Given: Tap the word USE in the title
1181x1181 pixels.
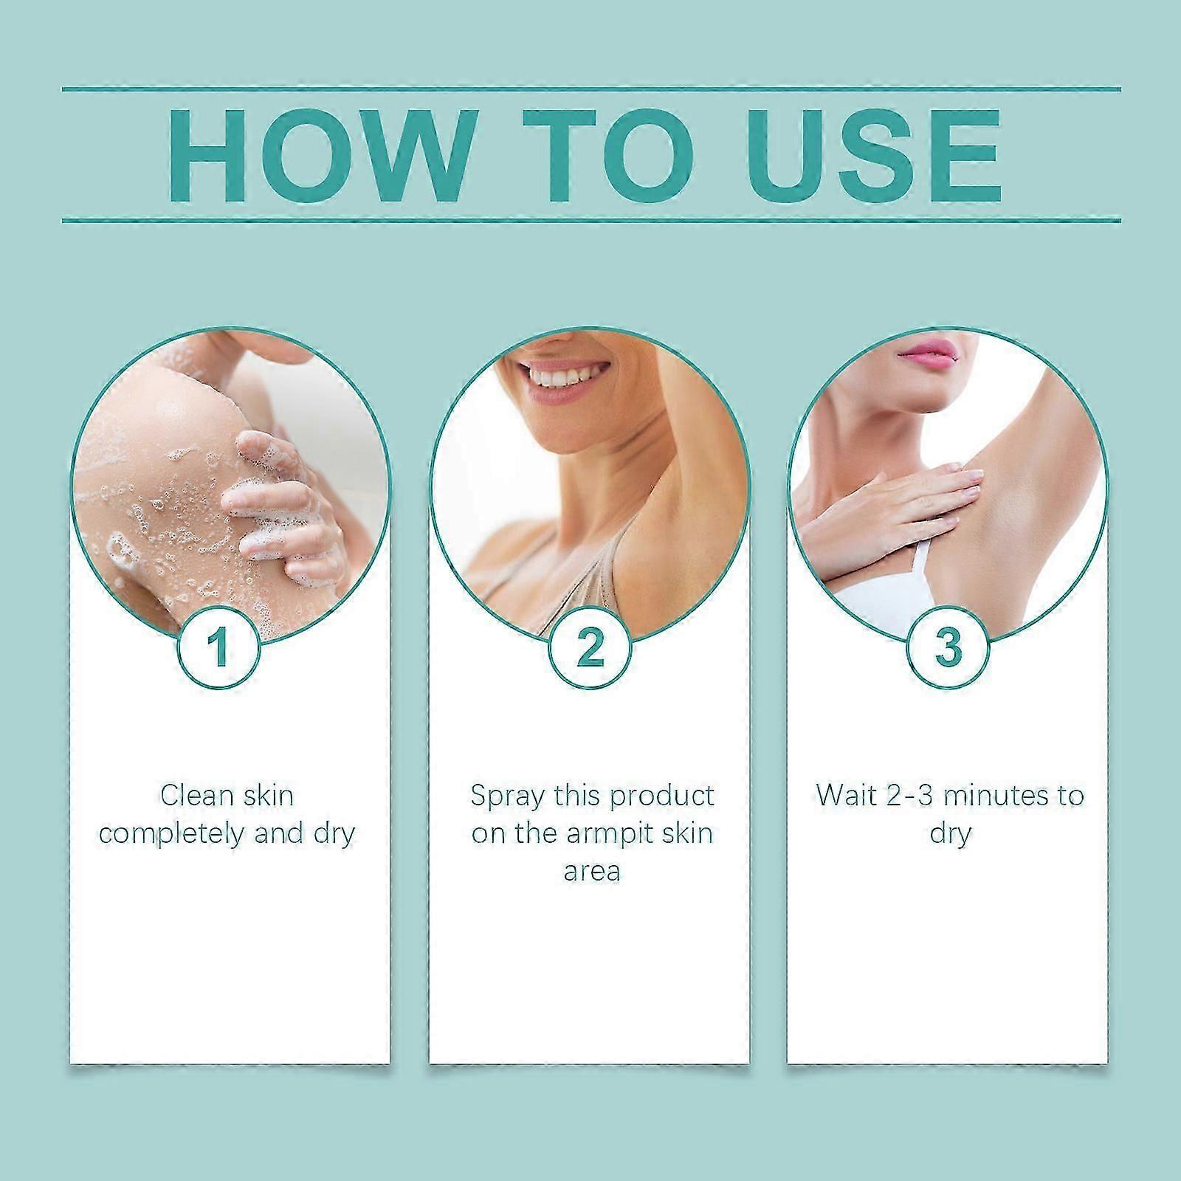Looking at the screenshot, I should [x=869, y=156].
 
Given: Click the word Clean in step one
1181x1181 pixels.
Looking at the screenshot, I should [x=192, y=796].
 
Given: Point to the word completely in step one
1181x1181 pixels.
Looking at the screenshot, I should [x=171, y=833].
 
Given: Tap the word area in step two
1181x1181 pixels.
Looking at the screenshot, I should [x=591, y=871].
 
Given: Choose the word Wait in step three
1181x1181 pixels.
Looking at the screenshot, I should [x=846, y=796].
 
